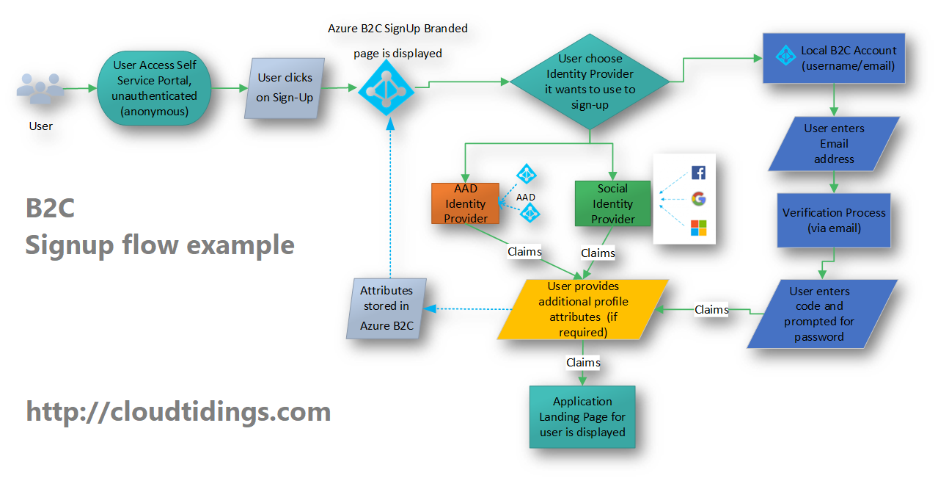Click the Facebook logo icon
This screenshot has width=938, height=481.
tap(698, 173)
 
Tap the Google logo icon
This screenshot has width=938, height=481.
tap(698, 198)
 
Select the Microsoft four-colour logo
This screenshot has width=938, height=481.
tap(698, 228)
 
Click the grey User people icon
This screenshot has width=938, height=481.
tap(40, 88)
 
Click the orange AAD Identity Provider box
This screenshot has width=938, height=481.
tap(465, 203)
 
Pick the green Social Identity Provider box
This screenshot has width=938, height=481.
tap(612, 204)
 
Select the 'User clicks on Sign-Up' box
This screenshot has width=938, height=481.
tap(285, 88)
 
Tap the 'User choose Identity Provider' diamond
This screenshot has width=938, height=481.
tap(590, 82)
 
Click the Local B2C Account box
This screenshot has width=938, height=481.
tap(834, 58)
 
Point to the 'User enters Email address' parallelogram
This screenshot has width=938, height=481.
tap(834, 143)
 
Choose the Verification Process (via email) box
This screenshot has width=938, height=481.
tap(834, 220)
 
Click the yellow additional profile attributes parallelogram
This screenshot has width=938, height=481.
tap(583, 309)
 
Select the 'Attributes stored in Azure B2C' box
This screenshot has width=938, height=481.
tap(386, 308)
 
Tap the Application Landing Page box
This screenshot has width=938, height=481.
tap(582, 417)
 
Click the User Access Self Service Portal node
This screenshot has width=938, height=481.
tap(154, 88)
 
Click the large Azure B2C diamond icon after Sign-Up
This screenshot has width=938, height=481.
tap(386, 87)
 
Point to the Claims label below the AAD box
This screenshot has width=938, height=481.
tap(524, 252)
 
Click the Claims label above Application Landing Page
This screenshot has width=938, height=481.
tap(583, 362)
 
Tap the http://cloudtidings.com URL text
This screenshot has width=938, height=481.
tap(178, 411)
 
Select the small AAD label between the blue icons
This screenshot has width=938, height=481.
tap(526, 197)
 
